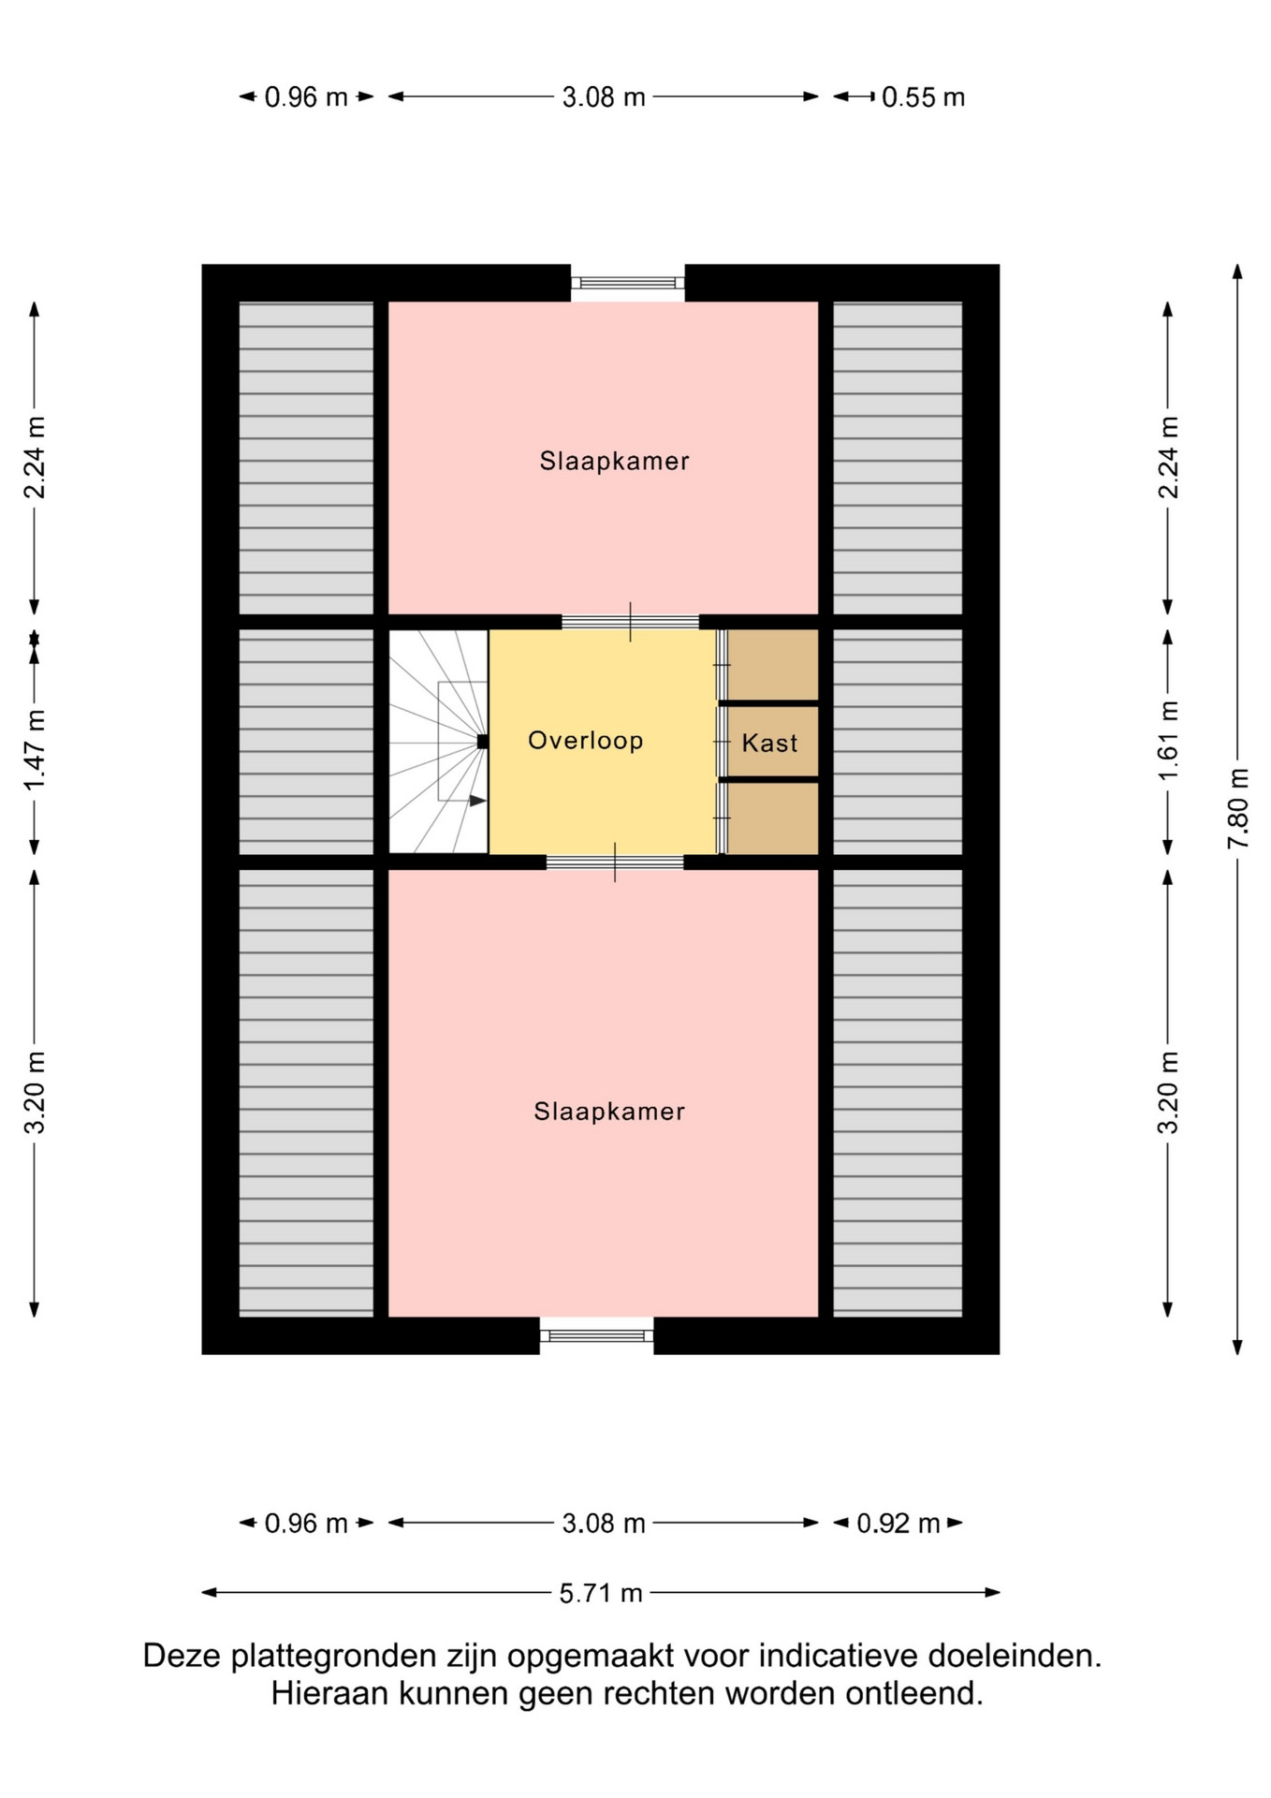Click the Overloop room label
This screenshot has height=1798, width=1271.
[585, 741]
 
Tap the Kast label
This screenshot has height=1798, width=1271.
[769, 744]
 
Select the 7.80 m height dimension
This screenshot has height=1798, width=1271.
[1237, 809]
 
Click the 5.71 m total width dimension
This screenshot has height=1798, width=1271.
[601, 1593]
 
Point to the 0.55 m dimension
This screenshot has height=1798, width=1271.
[923, 97]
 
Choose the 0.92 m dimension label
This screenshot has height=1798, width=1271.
[898, 1524]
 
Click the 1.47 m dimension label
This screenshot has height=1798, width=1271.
[35, 750]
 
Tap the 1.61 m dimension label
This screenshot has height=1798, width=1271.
[1168, 740]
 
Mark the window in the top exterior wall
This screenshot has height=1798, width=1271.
[628, 283]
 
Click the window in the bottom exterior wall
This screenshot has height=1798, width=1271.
[596, 1335]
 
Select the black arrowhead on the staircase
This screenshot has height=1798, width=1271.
[477, 801]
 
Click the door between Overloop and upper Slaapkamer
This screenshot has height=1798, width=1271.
[630, 622]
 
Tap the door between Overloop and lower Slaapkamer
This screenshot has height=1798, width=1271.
[615, 862]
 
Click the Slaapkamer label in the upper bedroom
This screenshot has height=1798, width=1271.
[614, 461]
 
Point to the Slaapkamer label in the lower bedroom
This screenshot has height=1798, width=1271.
[609, 1112]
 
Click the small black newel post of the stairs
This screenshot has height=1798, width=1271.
[483, 742]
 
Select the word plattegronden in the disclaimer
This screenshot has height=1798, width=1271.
[334, 1657]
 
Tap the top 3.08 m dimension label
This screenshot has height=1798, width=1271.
[604, 97]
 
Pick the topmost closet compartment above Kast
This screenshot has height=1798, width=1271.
[773, 664]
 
